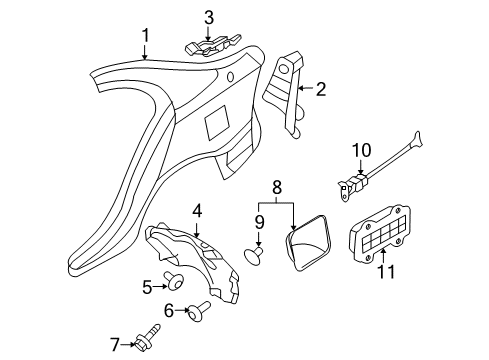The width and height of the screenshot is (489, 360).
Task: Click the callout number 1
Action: pos(145,36)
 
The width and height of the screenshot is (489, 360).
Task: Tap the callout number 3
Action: pos(209,18)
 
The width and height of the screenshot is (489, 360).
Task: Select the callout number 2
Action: pos(320,89)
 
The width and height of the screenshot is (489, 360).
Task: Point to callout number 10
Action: pos(361,150)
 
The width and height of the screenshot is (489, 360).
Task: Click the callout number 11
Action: pos(386,271)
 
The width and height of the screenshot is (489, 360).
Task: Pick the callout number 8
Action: pos(277,187)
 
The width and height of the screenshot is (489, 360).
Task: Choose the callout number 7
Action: pos(115,345)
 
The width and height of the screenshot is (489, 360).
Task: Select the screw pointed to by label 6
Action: pos(199,311)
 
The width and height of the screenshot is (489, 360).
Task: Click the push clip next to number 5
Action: pos(176,282)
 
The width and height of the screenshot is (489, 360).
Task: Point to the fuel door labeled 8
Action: pos(307,242)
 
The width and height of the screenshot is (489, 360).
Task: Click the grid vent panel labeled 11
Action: pos(380,234)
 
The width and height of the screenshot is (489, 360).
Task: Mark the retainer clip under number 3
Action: pos(212,47)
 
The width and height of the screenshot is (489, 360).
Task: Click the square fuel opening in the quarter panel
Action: pos(218,122)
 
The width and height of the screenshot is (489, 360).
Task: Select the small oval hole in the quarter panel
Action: pos(230,76)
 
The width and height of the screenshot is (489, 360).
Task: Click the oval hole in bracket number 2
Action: pos(283,69)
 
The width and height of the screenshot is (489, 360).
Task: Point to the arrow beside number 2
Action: pos(306,88)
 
